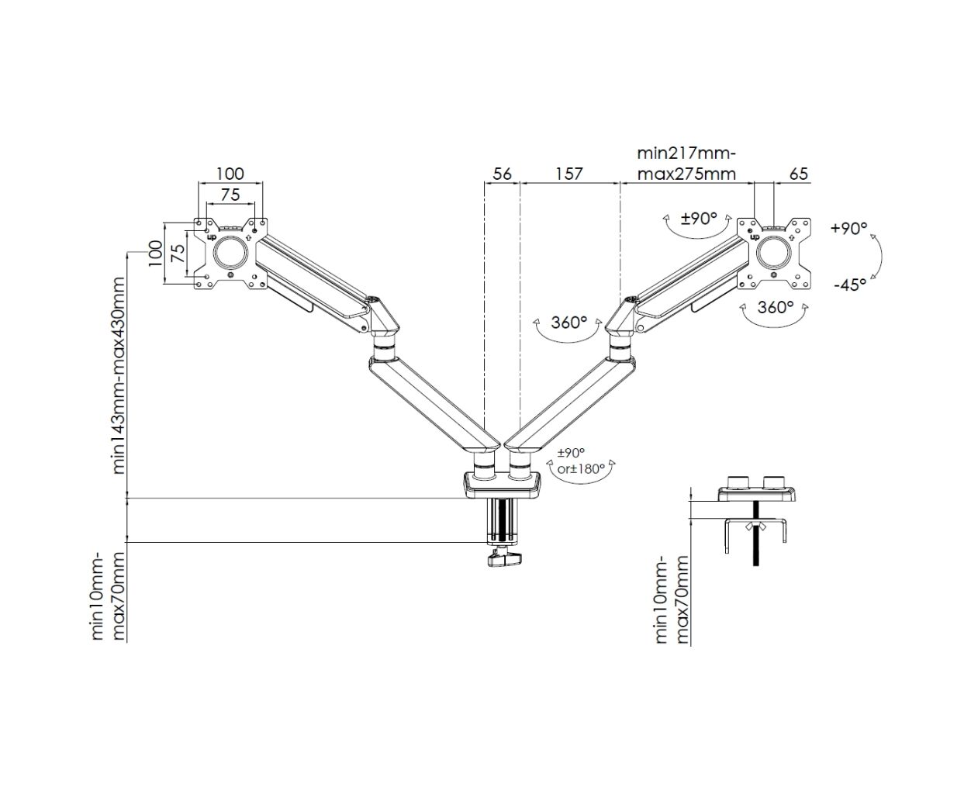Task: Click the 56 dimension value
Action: pos(503,174)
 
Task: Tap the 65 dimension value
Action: pos(799,174)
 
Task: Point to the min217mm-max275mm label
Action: pos(686,164)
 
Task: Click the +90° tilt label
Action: pos(848,229)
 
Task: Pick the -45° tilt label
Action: pos(850,285)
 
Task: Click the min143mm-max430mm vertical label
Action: pos(119,375)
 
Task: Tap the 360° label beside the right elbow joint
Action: pos(568,322)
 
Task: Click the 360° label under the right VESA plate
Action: pos(775,307)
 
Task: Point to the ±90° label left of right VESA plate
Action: pos(699,219)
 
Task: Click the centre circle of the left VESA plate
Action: pos(229,252)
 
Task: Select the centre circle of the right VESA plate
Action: pos(774,252)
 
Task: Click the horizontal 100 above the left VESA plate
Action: pos(230,174)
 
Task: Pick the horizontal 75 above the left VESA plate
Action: pos(230,195)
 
